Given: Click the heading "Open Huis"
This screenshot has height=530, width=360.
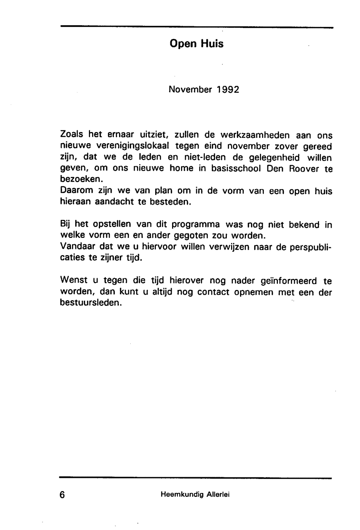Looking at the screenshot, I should click(x=196, y=44).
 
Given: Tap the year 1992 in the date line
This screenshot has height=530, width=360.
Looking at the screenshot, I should click(x=228, y=89).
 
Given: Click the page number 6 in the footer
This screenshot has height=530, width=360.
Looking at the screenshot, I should click(x=62, y=495).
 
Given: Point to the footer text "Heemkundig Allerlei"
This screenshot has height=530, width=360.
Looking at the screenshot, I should click(x=195, y=494).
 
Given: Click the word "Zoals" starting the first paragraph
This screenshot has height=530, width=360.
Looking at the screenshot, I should click(x=72, y=135).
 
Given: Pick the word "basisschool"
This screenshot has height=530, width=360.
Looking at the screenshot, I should click(x=236, y=168).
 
